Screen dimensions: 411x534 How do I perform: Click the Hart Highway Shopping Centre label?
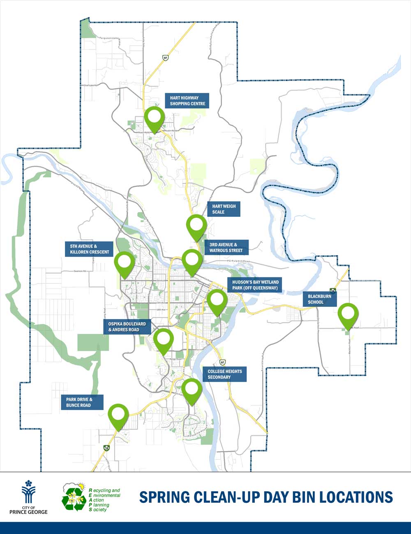click(x=187, y=101)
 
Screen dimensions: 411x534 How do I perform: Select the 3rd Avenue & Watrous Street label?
click(x=226, y=248)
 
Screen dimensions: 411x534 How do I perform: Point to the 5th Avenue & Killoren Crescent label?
click(x=89, y=249)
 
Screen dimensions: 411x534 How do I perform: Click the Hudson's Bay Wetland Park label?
click(x=255, y=285)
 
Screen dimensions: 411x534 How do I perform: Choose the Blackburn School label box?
click(x=319, y=299)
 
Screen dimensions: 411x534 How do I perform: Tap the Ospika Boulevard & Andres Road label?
click(x=127, y=327)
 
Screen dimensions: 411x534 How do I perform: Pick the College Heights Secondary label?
click(x=224, y=374)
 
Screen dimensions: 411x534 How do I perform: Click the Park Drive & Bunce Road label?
click(x=82, y=402)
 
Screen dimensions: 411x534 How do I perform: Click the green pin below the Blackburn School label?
click(x=348, y=315)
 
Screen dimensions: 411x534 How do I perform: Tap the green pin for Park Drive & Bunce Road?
click(x=118, y=416)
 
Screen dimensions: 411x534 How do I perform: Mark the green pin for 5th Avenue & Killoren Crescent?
click(x=124, y=263)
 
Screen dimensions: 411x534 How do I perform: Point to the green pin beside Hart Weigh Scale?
click(x=196, y=226)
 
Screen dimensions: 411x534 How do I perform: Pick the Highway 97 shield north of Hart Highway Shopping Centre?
click(x=165, y=58)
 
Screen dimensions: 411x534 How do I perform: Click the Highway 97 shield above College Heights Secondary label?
click(x=222, y=362)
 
